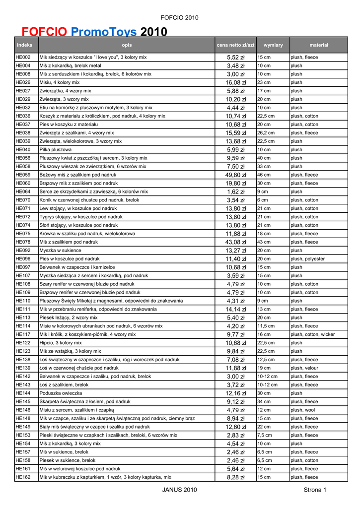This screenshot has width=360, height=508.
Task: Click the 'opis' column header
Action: (x=127, y=45)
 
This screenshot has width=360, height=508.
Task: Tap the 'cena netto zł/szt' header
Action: (x=235, y=45)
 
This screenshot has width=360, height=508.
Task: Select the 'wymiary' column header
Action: (x=273, y=45)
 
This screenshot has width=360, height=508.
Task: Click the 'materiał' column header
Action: (x=319, y=45)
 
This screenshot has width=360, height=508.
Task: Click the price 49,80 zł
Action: (x=236, y=175)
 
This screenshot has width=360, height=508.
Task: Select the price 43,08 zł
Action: (x=236, y=242)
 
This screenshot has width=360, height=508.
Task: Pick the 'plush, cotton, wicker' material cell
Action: (x=313, y=334)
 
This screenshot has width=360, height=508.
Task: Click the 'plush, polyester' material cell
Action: (x=308, y=259)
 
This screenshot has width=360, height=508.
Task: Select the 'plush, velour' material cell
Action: (x=304, y=368)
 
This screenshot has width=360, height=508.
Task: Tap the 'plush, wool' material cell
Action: (x=303, y=410)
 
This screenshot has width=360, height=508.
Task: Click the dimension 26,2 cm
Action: (x=266, y=133)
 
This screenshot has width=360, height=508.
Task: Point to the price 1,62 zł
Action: (x=236, y=192)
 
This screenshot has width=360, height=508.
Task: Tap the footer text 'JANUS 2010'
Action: (x=180, y=490)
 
